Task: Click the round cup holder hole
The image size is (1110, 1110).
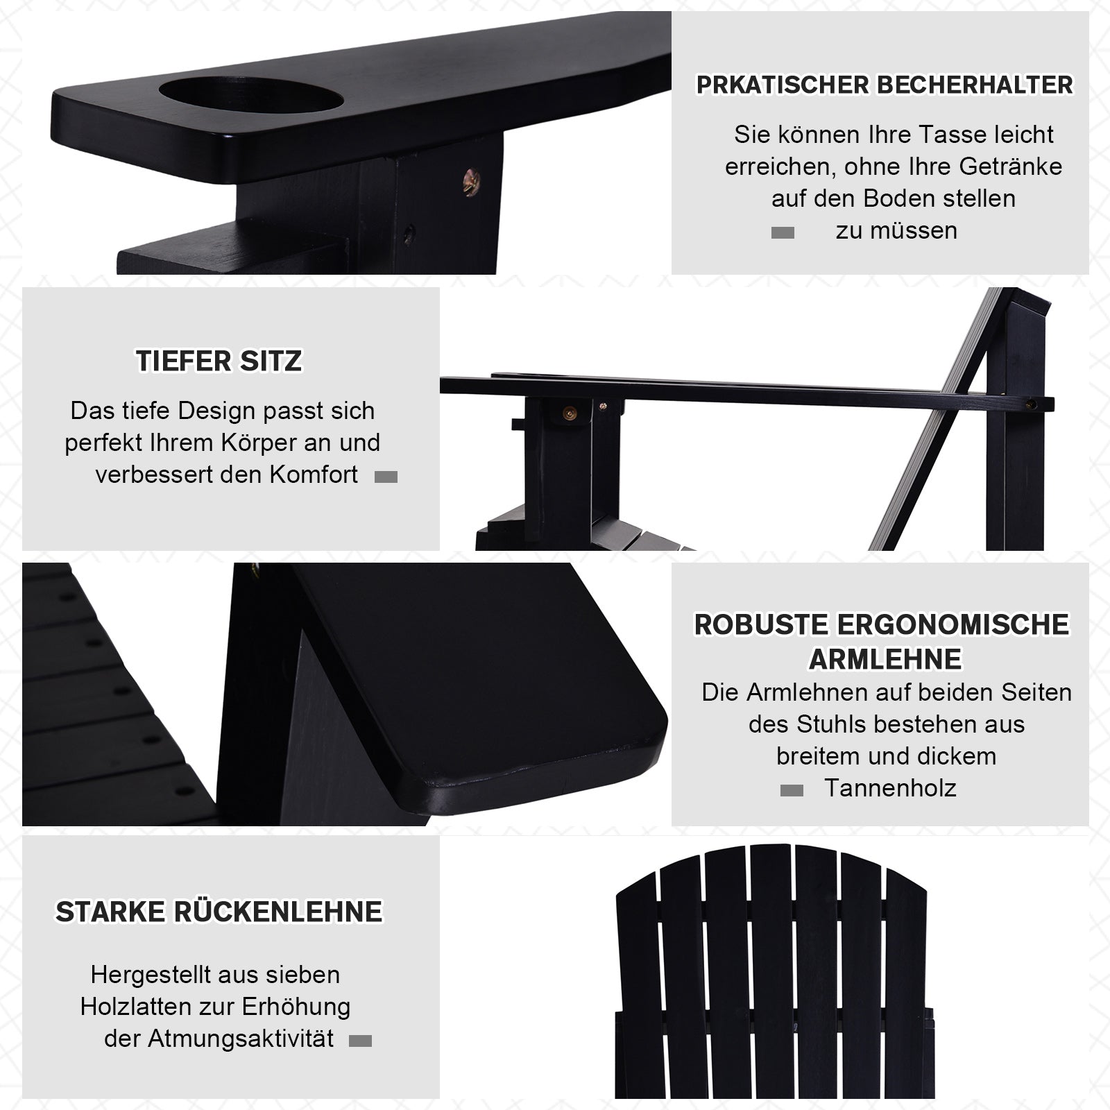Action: point(251,96)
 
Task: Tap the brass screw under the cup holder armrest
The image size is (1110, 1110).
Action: point(472,182)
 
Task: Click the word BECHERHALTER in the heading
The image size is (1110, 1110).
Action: point(975,85)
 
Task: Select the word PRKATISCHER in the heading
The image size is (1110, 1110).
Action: point(783,85)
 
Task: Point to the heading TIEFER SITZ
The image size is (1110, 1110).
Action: point(219,361)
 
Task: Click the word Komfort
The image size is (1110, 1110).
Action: point(314,475)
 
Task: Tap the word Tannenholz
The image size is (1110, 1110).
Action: point(890,788)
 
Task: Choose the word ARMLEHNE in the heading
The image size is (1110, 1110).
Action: point(886,659)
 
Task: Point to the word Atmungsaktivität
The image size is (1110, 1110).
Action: point(241,1039)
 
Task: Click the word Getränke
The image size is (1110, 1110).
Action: point(1011,166)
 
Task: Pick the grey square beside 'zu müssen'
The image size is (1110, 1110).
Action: point(783,233)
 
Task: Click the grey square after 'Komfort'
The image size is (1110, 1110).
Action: point(386,477)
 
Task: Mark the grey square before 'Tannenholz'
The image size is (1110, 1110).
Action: point(792,790)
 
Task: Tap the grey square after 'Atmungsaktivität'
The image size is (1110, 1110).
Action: point(360,1041)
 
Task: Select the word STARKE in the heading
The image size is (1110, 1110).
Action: point(111,912)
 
